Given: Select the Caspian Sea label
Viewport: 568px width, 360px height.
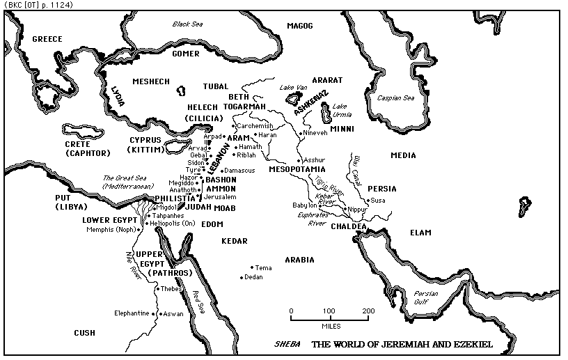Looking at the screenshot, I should [395, 98].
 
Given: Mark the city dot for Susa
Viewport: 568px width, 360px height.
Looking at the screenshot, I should [369, 201].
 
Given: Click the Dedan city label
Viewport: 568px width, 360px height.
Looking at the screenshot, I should [253, 277].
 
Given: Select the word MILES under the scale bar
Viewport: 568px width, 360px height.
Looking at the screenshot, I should [330, 325].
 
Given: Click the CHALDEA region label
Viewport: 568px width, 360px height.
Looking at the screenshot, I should [349, 226].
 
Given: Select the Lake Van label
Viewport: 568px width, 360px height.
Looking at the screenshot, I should [292, 87].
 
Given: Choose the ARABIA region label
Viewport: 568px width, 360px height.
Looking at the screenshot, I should [299, 260].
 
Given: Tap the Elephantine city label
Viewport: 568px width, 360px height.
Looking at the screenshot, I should [132, 313].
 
